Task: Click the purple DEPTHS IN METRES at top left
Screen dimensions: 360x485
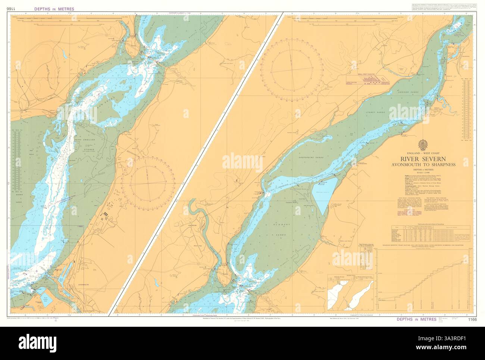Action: tap(54, 9)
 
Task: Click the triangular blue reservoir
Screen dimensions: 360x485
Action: tap(325, 192)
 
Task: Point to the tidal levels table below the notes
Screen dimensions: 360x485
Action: tap(425, 234)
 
